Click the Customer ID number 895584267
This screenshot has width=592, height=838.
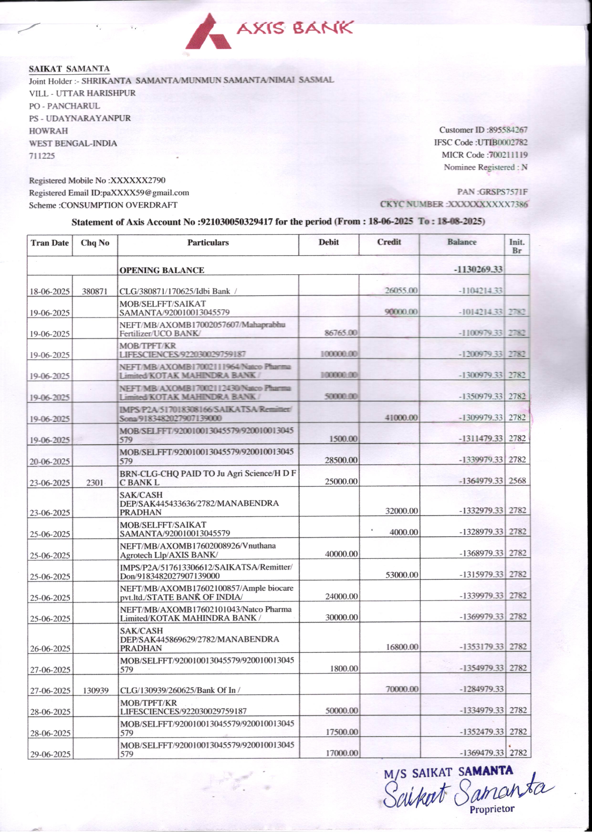click(x=508, y=130)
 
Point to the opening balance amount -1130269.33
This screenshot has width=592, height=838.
click(x=478, y=270)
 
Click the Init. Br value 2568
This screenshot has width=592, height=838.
click(x=517, y=481)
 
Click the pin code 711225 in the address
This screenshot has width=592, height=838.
click(x=42, y=156)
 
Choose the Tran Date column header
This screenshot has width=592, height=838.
click(x=50, y=243)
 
